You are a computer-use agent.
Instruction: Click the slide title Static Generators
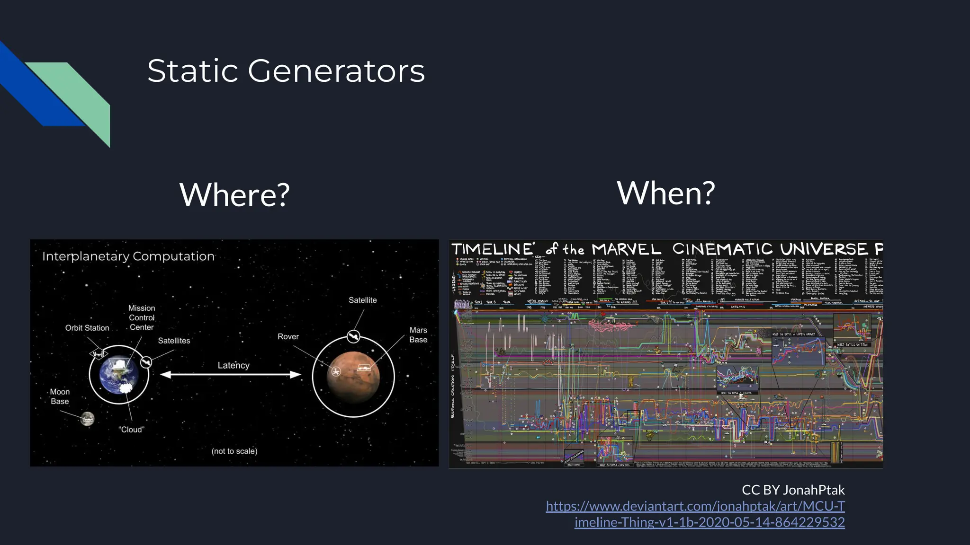tap(286, 71)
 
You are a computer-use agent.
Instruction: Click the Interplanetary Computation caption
tap(128, 256)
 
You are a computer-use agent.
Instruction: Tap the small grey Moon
tap(88, 419)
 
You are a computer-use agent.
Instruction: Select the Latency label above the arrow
tap(233, 365)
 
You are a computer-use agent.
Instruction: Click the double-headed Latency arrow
tap(231, 375)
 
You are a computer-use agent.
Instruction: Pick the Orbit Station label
tap(87, 328)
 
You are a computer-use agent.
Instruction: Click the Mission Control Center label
tap(142, 317)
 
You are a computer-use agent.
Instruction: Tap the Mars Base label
tap(418, 335)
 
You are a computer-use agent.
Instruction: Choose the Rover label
tap(288, 336)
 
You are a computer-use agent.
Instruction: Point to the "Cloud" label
tap(131, 430)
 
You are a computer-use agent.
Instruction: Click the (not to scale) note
tap(234, 451)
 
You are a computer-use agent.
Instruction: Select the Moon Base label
tap(60, 396)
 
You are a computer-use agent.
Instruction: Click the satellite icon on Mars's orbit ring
tap(353, 336)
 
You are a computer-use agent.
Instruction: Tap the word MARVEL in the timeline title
tap(626, 249)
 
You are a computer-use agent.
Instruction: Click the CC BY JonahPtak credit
tap(793, 490)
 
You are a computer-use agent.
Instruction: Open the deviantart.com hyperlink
tap(695, 506)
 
